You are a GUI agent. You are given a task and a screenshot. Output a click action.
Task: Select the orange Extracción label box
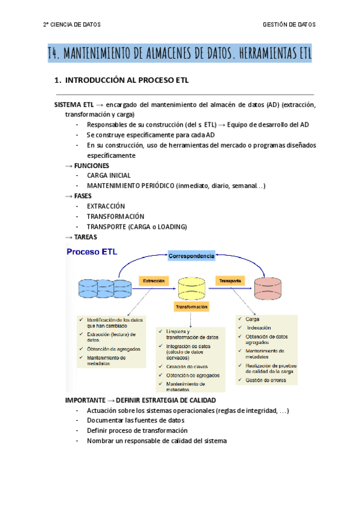tap(154, 280)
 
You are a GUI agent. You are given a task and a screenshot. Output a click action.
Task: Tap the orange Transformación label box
tap(191, 307)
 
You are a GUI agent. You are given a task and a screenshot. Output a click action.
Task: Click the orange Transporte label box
tap(230, 280)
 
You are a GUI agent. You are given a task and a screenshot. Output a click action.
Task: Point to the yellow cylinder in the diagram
tap(193, 289)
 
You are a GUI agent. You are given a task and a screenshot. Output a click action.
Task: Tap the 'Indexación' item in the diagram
tap(259, 328)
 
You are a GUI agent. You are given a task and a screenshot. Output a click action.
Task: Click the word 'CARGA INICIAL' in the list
tap(109, 175)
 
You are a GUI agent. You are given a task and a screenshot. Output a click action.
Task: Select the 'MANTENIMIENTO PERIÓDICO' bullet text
tap(130, 185)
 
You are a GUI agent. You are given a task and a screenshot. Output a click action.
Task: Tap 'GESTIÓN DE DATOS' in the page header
tap(289, 25)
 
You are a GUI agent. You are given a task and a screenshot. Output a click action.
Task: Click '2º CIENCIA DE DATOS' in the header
tap(72, 25)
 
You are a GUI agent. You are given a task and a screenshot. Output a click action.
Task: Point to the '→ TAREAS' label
tap(81, 236)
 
